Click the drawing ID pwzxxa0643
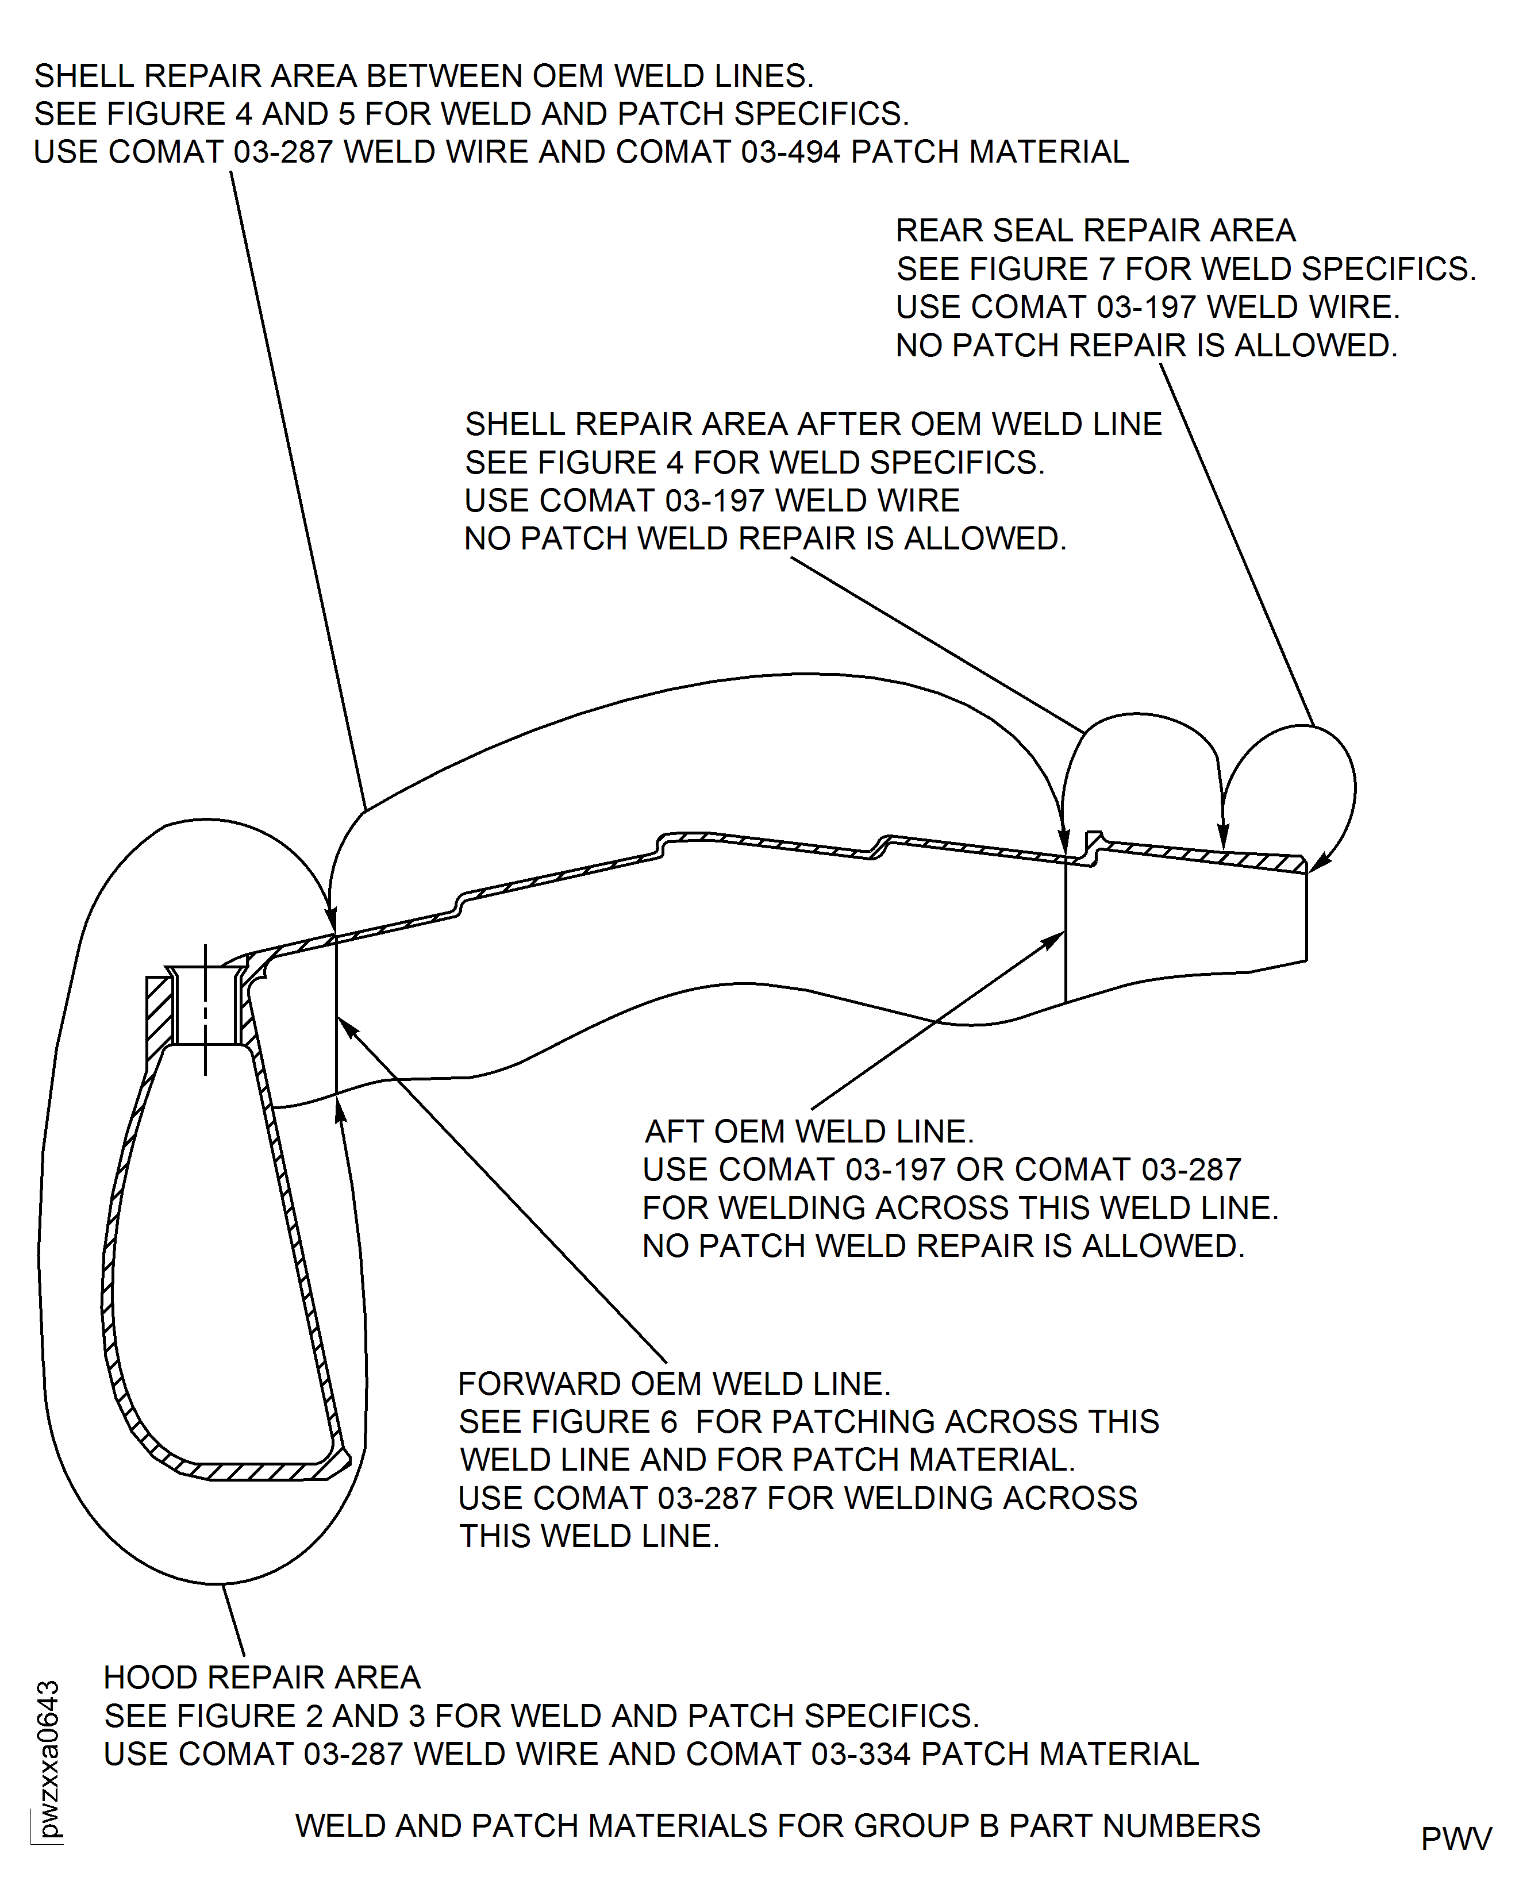click(48, 1759)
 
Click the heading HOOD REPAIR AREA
click(263, 1678)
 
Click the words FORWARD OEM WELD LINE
click(674, 1384)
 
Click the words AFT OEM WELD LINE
click(809, 1131)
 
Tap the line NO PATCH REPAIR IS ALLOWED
click(1146, 345)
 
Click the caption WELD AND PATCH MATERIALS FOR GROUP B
click(777, 1826)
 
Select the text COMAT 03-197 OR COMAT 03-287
click(941, 1170)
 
